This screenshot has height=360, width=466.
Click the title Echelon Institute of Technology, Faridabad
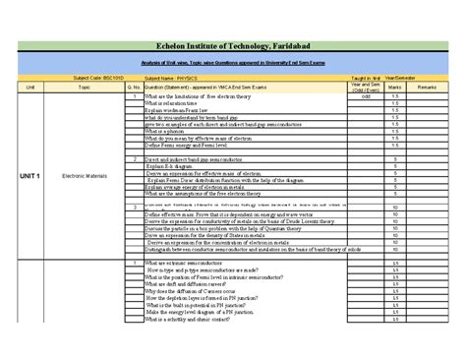coord(232,46)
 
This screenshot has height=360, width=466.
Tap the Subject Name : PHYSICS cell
coord(173,76)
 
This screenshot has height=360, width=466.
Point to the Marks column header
coord(393,87)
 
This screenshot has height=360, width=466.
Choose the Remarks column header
coord(429,87)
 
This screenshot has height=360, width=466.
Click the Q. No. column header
coord(133,87)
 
